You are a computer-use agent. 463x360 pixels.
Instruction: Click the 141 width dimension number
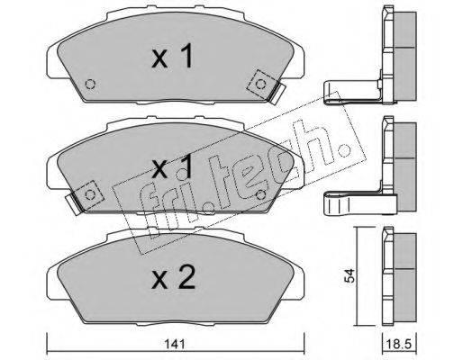[175, 344]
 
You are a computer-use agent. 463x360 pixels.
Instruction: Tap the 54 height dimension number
[350, 276]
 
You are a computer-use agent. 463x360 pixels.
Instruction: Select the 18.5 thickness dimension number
[399, 344]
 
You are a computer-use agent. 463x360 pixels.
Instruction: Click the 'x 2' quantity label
[174, 277]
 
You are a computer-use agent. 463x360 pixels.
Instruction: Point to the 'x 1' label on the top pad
[172, 56]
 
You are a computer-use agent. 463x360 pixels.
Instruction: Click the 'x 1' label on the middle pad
[172, 166]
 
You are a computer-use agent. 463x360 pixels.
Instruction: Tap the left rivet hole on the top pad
[90, 85]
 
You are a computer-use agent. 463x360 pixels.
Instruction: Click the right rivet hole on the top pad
[260, 85]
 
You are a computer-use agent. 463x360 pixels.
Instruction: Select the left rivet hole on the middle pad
[90, 195]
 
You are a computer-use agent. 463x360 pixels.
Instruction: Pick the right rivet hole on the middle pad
[261, 195]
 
